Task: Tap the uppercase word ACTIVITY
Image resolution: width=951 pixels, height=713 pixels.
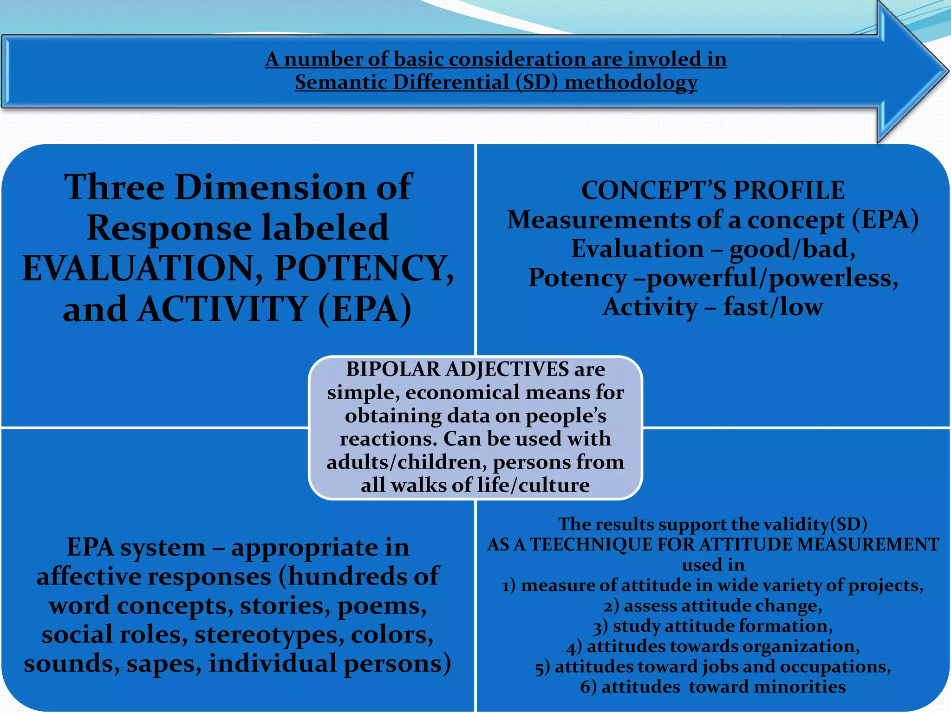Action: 223,310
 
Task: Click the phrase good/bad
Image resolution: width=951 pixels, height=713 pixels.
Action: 792,249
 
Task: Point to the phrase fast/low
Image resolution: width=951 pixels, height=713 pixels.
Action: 773,307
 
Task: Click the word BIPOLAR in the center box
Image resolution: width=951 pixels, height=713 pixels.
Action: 393,369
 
